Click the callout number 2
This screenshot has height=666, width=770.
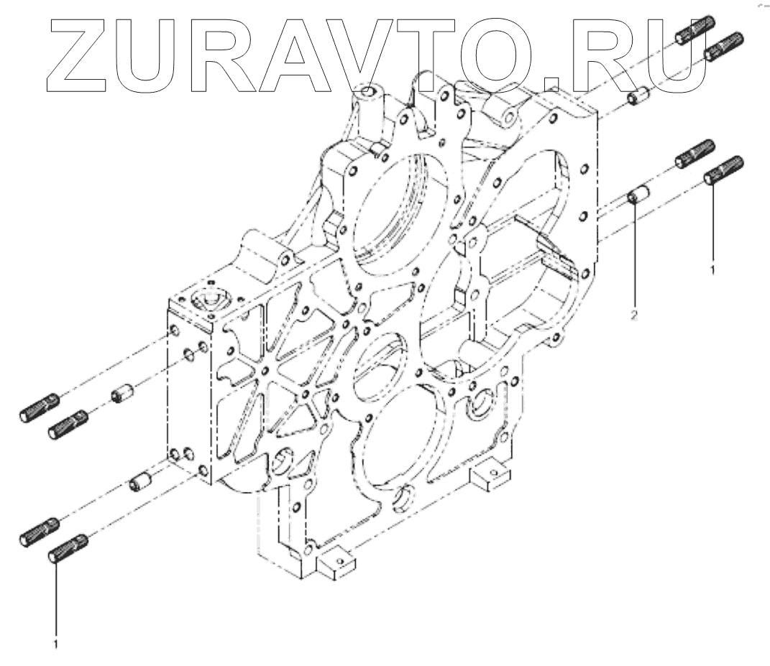click(634, 314)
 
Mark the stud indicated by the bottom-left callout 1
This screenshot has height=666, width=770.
click(68, 549)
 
